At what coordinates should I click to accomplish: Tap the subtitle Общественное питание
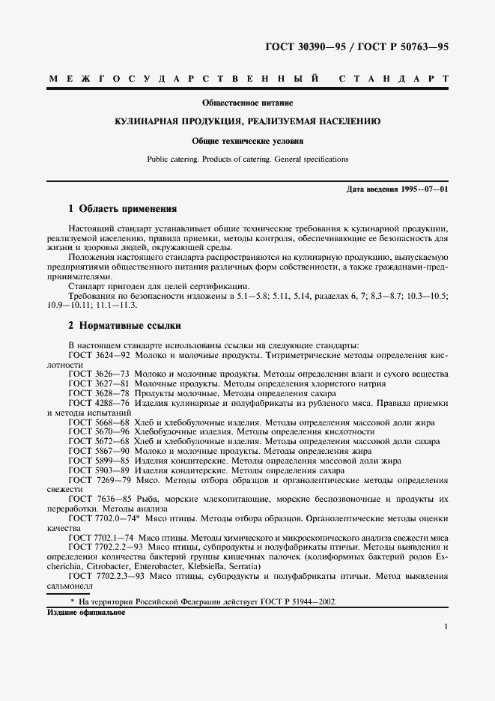pos(247,101)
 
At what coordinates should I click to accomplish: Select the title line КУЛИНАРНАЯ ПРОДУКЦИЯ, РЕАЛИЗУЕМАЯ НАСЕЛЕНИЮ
pos(247,121)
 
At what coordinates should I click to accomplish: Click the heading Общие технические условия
pos(247,140)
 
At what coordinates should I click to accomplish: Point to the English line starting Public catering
pos(247,159)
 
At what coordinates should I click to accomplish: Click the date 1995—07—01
pos(424,189)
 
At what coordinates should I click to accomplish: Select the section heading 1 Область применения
pos(123,209)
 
